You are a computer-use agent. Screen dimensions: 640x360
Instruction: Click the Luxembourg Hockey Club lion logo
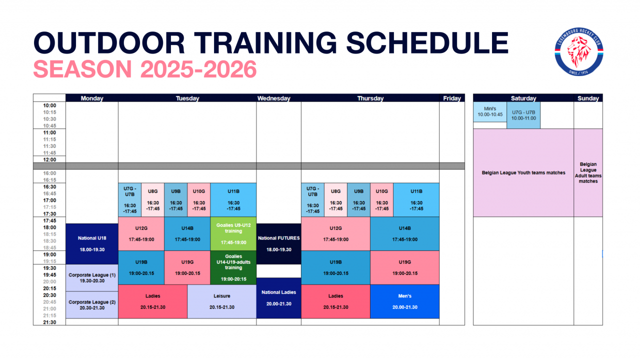coord(579,51)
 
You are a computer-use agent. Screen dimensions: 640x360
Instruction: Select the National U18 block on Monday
coord(92,243)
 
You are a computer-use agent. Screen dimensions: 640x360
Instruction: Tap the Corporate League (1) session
coord(92,277)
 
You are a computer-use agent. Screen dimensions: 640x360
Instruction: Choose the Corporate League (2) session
coord(92,305)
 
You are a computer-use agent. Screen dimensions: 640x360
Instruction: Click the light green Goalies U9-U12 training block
coord(233,233)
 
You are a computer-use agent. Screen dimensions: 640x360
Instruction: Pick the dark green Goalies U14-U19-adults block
coord(233,267)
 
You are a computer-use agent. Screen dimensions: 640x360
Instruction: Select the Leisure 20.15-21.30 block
coord(221,301)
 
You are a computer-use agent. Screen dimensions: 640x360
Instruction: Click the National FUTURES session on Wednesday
coord(278,243)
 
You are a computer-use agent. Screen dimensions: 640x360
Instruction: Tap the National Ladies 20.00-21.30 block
coord(278,298)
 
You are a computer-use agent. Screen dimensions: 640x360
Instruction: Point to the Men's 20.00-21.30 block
coord(404,301)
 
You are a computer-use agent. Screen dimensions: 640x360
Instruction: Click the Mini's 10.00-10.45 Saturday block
coord(490,111)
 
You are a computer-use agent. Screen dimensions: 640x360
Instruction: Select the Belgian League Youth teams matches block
coord(523,172)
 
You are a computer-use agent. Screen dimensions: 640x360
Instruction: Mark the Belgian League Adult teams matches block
coord(588,172)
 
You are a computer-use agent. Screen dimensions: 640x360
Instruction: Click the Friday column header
coord(452,98)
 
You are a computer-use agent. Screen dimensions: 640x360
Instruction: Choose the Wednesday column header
coord(273,98)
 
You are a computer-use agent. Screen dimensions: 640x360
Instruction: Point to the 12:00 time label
coord(49,159)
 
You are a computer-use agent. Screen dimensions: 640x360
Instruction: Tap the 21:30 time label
coord(49,322)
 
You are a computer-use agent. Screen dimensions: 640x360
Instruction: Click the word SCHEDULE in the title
coord(427,42)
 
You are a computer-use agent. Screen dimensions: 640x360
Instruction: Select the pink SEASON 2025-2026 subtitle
coord(145,69)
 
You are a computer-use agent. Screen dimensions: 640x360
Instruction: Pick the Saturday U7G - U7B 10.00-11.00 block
coord(523,115)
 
